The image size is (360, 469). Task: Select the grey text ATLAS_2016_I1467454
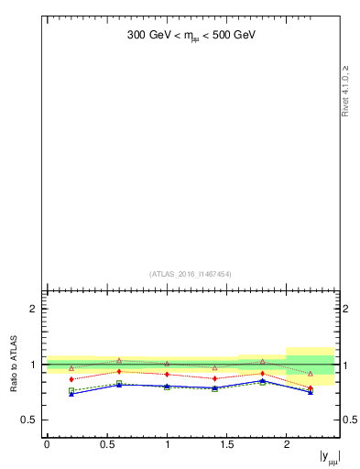pos(191,274)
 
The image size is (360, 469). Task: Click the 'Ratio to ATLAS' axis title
pos(15,365)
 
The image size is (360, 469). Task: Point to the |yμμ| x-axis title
pos(328,456)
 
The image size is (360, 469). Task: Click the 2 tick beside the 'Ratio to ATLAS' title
pos(33,309)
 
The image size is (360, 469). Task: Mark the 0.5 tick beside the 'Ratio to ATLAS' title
pos(29,420)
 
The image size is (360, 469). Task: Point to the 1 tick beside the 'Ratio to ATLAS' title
pos(33,365)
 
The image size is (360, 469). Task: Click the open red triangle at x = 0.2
pos(71,368)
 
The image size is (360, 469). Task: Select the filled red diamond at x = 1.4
pos(214,377)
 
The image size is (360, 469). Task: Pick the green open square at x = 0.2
pos(71,390)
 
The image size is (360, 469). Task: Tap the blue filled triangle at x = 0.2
pos(71,394)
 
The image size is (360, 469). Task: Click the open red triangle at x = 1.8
pos(262,362)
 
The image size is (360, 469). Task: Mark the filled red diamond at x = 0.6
pos(119,371)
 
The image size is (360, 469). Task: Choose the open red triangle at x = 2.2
pos(311,374)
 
